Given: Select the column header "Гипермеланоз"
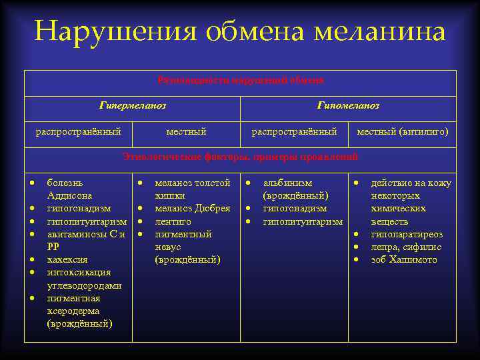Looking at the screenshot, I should coord(132,105).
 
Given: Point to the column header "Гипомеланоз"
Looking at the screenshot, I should coord(348,105).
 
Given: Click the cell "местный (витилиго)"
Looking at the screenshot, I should coord(403,132).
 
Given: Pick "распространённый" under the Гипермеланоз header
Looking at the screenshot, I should coord(78,132).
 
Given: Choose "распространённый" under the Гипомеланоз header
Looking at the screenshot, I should coord(294,132).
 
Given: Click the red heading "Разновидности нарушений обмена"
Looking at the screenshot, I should coord(241,81).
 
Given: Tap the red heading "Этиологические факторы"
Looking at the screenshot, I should coord(181,157).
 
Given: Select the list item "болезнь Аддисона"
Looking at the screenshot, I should coord(69,189).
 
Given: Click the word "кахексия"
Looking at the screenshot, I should coord(67,259).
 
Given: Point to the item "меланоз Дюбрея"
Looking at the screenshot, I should coord(193,209).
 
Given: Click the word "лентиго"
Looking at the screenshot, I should coord(173,221).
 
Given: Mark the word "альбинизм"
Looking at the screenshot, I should coord(288,183).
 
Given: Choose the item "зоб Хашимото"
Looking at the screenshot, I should coord(404,259).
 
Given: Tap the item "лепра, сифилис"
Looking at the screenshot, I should coord(406,247).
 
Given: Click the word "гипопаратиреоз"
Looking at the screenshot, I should coord(407,234).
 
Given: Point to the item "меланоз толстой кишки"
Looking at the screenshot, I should coord(192,189).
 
